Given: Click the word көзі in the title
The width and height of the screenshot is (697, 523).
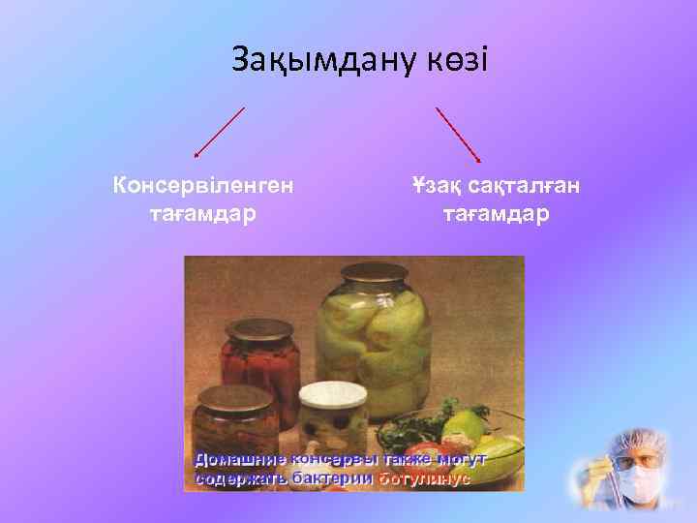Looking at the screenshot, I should pyautogui.click(x=456, y=61).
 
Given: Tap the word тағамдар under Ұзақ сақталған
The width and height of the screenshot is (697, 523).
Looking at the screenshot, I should pyautogui.click(x=496, y=211).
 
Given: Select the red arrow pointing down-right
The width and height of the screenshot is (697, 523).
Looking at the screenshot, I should pyautogui.click(x=459, y=134).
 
